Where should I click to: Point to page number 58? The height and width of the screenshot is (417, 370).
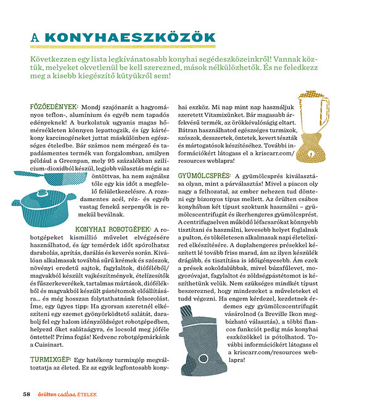(27, 394)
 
